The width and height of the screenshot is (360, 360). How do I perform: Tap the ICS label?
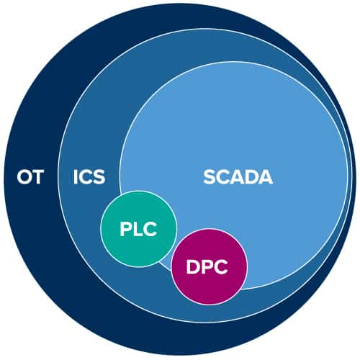coord(89,177)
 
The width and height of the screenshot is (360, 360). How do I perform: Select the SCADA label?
coord(238,177)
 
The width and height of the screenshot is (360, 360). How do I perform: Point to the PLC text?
coord(138,230)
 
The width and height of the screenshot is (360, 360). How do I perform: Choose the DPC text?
coord(207,267)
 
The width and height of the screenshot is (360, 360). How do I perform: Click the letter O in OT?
coord(23,177)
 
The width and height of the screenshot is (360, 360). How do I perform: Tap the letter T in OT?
coord(37,177)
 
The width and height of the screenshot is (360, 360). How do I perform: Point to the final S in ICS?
coord(99,177)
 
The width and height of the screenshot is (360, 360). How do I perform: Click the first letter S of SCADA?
coord(210,177)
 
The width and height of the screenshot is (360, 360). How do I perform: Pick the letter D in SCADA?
coord(251,177)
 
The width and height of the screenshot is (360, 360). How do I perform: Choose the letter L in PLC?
coord(138,230)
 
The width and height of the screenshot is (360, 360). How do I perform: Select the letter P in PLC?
coord(125,230)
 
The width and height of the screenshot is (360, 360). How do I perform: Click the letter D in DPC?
coord(193,267)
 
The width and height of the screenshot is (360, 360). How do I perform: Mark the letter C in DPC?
coord(221,267)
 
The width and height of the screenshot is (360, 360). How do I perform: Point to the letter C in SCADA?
coord(223,177)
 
